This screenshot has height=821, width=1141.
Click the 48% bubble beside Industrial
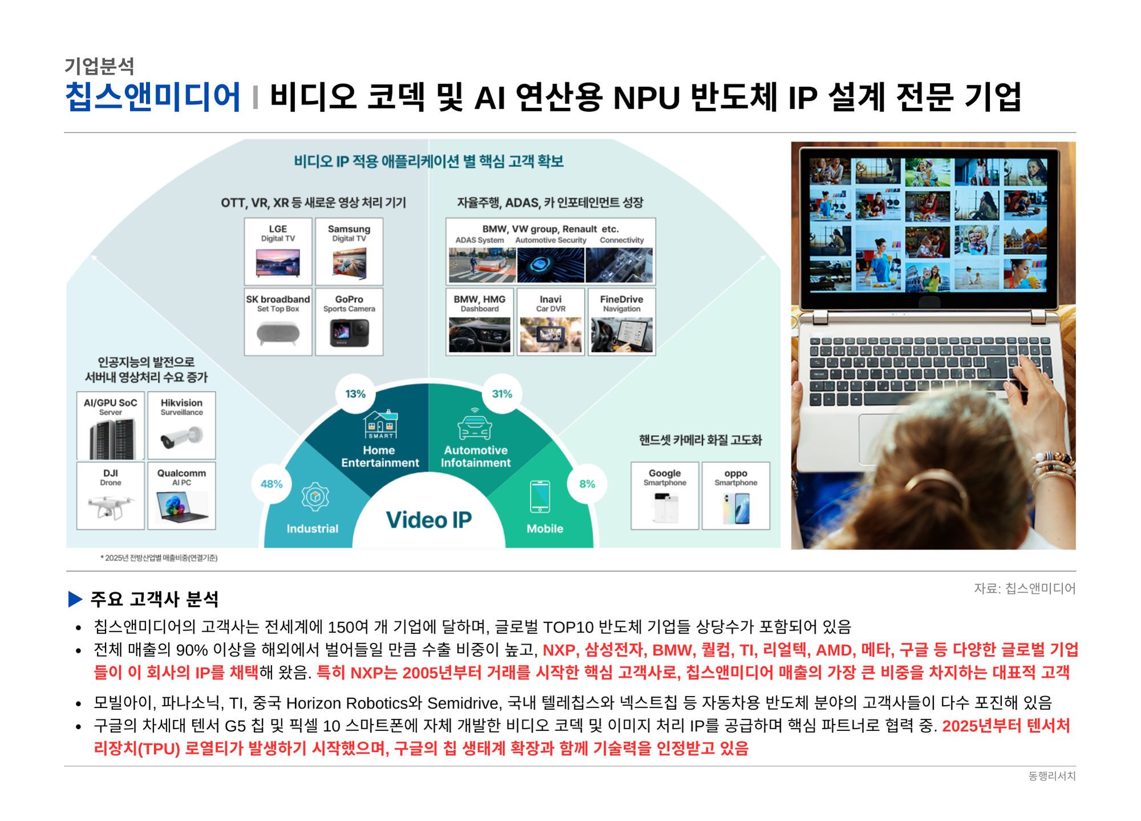(272, 484)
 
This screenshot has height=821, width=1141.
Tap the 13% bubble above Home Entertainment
(355, 394)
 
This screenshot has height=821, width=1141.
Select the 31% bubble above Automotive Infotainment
(502, 394)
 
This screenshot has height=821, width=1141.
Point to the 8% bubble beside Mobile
(587, 484)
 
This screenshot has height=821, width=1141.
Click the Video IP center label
(429, 520)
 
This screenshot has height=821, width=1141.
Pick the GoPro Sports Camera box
(349, 322)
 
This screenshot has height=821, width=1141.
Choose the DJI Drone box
(111, 496)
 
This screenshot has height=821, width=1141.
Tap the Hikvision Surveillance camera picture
(181, 437)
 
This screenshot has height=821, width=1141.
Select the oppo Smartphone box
(736, 496)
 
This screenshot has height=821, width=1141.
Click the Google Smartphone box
(665, 496)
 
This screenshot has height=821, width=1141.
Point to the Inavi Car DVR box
(551, 322)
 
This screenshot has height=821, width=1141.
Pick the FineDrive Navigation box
(622, 322)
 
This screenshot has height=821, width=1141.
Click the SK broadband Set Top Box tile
(278, 322)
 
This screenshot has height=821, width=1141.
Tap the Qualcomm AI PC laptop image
(182, 507)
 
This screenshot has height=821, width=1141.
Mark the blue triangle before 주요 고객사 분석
(75, 599)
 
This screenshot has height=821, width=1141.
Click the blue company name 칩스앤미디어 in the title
(153, 96)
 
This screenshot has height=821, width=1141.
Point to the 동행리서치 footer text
(1051, 776)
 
